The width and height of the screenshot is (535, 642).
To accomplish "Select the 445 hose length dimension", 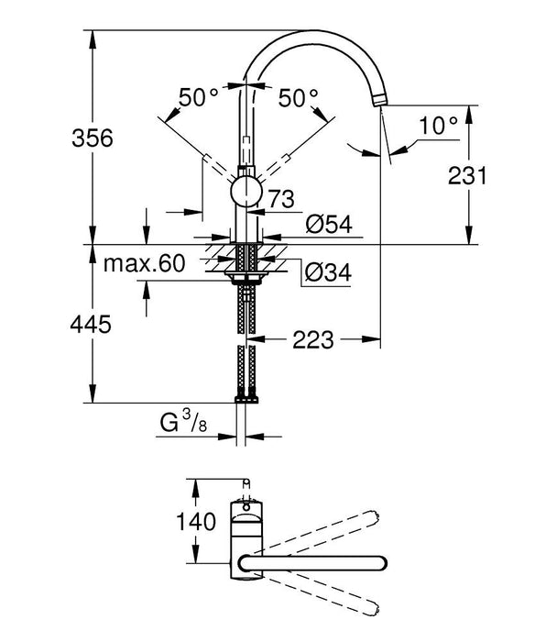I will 92,324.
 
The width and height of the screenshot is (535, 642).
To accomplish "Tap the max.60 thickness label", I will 144,264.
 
